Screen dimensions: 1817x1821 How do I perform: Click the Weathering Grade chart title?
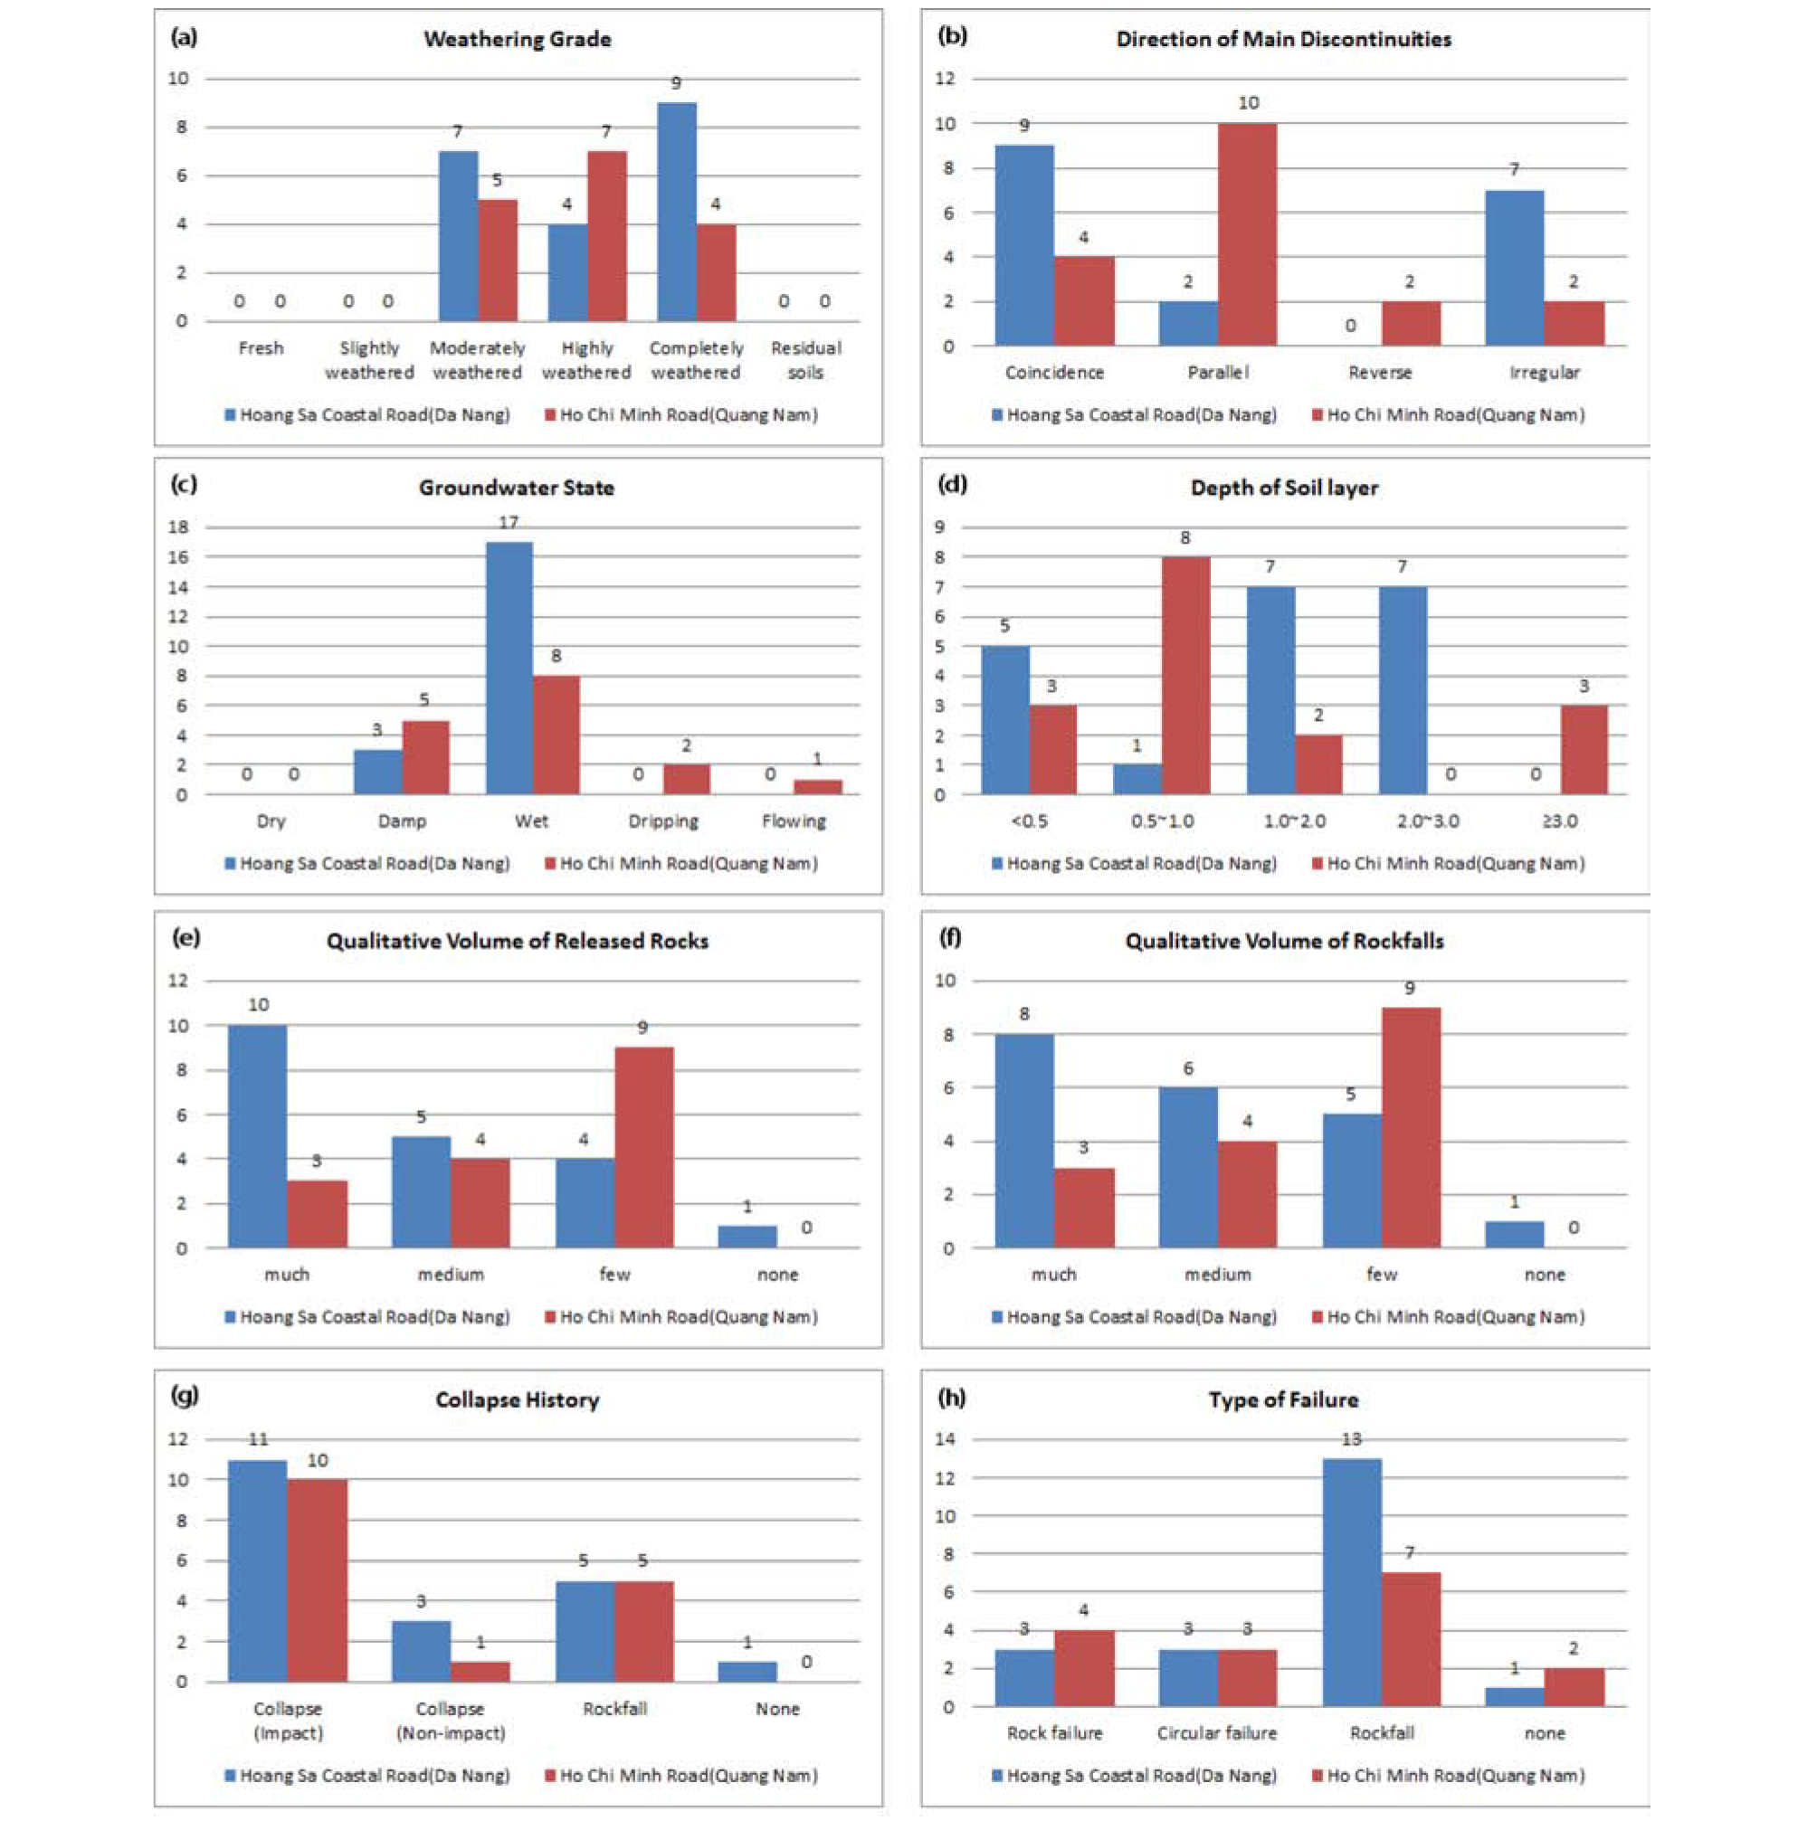pyautogui.click(x=517, y=40)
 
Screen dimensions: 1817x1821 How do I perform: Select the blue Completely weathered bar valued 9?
pyautogui.click(x=676, y=211)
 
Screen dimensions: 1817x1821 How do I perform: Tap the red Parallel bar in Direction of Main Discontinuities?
pyautogui.click(x=1247, y=233)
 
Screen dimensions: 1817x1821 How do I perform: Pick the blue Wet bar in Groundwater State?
pyautogui.click(x=509, y=669)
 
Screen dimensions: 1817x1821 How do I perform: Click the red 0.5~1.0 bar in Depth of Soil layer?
pyautogui.click(x=1185, y=676)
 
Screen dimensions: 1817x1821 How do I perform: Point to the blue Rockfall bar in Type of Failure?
pyautogui.click(x=1351, y=1582)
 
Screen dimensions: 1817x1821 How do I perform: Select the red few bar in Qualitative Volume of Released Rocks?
pyautogui.click(x=644, y=1147)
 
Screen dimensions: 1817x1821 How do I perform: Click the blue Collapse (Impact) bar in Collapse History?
pyautogui.click(x=257, y=1571)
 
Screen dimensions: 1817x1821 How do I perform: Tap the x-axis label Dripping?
pyautogui.click(x=664, y=821)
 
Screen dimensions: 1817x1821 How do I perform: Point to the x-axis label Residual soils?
pyautogui.click(x=806, y=360)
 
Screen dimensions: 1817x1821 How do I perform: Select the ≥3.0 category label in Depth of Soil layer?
pyautogui.click(x=1560, y=821)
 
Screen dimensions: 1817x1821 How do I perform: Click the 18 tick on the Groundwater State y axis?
pyautogui.click(x=178, y=526)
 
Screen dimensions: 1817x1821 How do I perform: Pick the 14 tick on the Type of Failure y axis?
pyautogui.click(x=945, y=1439)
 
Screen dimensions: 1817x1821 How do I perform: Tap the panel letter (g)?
pyautogui.click(x=185, y=1396)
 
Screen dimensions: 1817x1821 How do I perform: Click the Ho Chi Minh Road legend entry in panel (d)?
pyautogui.click(x=1449, y=863)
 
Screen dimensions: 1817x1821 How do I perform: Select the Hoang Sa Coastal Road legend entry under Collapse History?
pyautogui.click(x=367, y=1776)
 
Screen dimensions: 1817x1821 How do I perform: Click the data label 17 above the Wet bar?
pyautogui.click(x=509, y=523)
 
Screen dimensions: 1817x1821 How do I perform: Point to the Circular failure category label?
pyautogui.click(x=1216, y=1733)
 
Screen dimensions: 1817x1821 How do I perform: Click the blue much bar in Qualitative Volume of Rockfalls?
pyautogui.click(x=1024, y=1142)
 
